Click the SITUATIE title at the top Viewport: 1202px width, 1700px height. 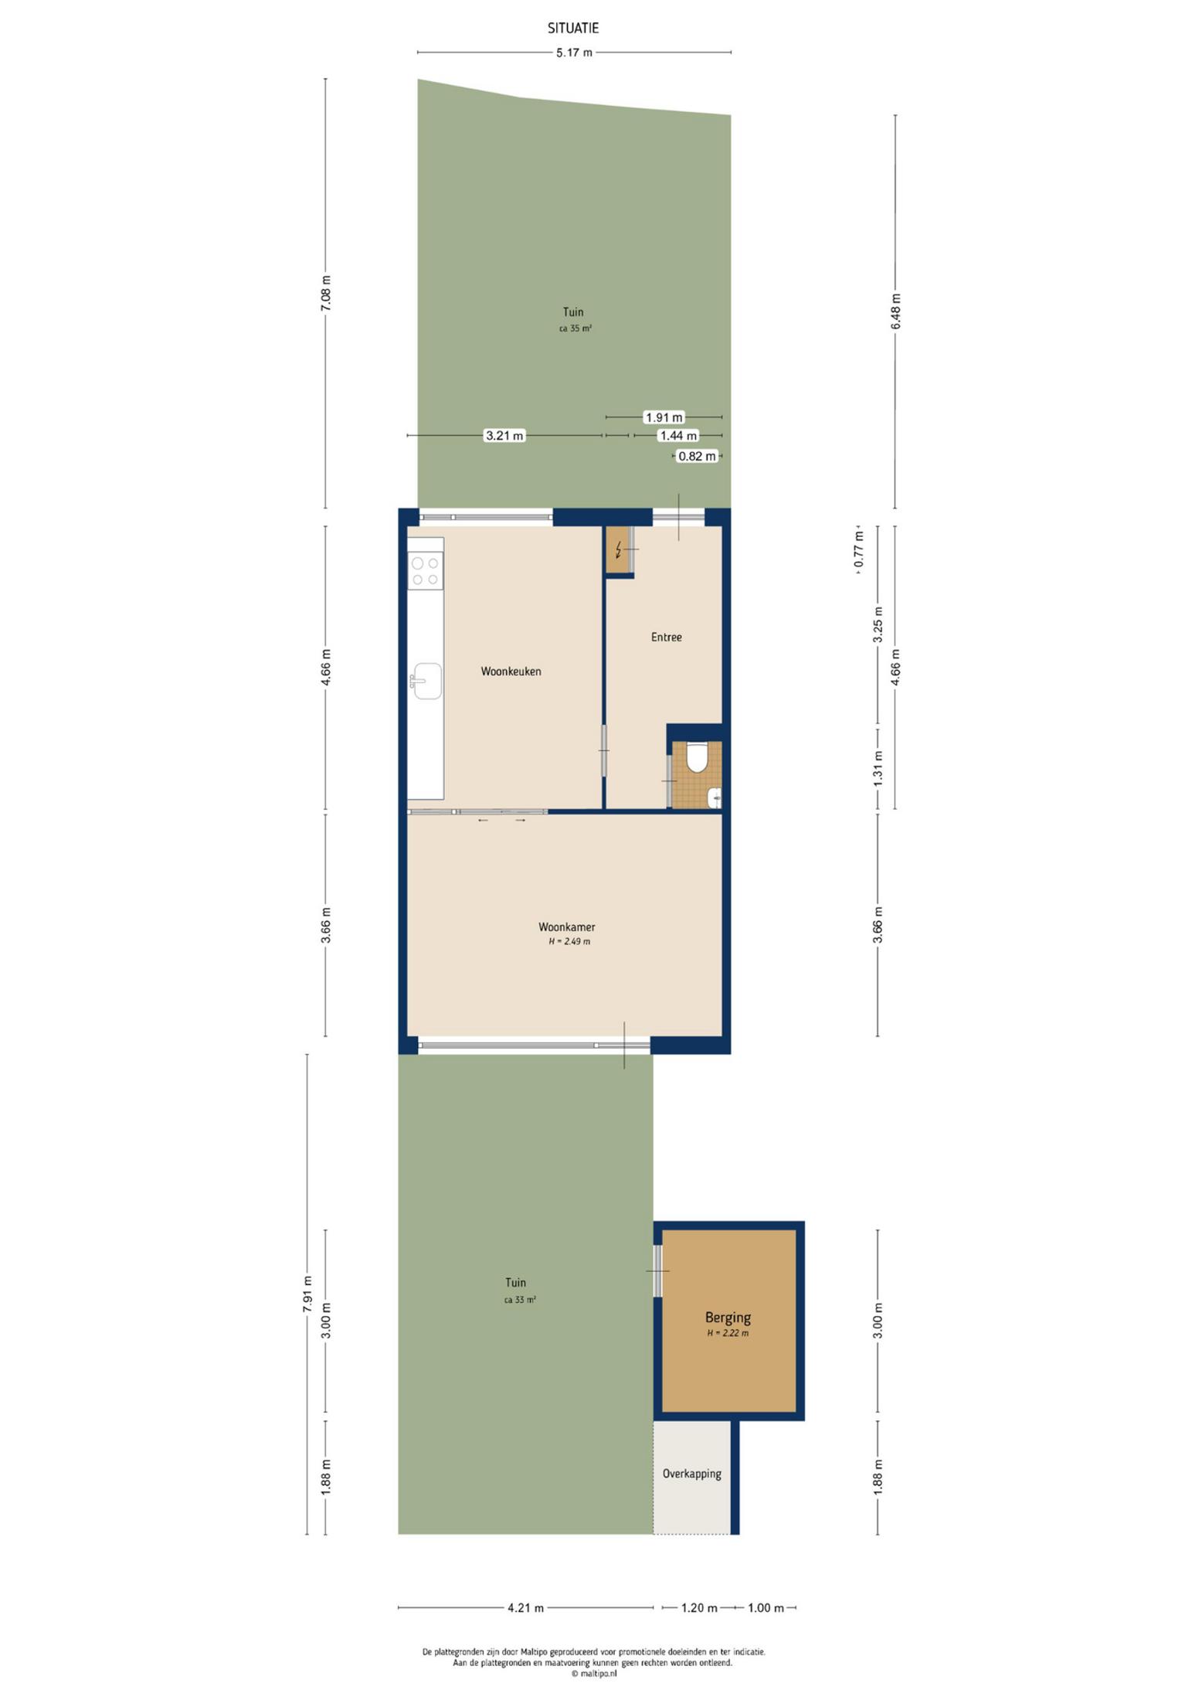573,28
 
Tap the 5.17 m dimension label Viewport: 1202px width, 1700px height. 574,53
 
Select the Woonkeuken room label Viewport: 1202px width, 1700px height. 511,671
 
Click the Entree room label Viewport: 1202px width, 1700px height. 666,637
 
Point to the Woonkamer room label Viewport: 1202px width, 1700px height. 567,926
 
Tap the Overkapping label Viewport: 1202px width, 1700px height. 691,1473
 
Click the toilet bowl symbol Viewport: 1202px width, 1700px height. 697,757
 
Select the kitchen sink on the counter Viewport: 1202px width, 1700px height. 426,681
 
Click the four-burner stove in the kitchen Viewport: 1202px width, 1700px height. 426,571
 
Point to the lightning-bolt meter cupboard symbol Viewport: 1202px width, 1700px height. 618,550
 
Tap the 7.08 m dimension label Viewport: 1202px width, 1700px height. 325,294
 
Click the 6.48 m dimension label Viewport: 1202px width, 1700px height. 895,311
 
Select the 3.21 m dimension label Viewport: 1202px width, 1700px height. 504,436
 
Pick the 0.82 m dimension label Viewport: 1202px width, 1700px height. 697,456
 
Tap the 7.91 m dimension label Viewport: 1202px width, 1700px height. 307,1291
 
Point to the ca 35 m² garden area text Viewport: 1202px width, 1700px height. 575,328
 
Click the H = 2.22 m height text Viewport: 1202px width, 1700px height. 728,1333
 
